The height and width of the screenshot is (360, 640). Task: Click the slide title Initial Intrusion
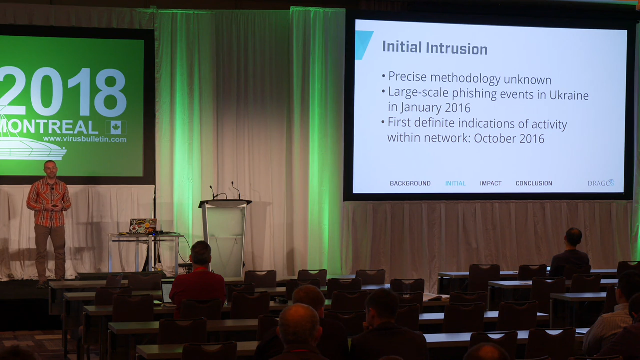coord(435,48)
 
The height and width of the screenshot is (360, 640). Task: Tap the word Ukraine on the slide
coord(569,95)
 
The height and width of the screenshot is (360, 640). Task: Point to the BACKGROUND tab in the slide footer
coord(410,183)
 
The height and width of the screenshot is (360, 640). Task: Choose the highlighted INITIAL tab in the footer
coord(455,183)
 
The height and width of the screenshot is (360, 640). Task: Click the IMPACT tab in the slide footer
coord(491,183)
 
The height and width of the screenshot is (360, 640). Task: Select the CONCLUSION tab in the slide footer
coord(534,183)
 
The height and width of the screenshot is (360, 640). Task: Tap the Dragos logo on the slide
coord(601,183)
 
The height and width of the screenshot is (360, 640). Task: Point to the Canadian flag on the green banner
coord(116,127)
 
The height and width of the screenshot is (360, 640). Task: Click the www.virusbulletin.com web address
coord(84,139)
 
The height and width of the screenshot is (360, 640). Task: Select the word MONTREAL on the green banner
coord(48,127)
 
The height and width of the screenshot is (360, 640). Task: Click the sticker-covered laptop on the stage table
coord(143,225)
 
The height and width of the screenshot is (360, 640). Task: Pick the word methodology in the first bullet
coord(465,78)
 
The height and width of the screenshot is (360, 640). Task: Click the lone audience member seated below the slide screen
coord(570,253)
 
